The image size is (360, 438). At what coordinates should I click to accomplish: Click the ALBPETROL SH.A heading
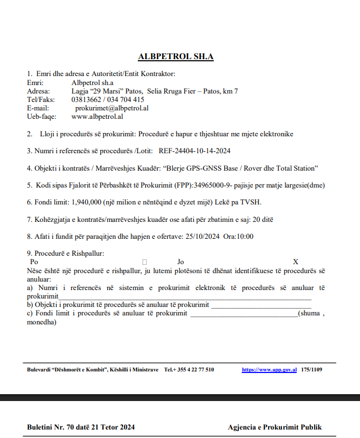tap(176, 57)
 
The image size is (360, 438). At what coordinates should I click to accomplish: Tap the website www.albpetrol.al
tap(97, 116)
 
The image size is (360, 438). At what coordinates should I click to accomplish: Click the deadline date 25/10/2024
tap(203, 236)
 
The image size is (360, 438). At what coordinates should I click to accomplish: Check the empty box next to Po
tap(145, 262)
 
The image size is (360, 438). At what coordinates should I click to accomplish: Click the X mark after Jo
tap(296, 262)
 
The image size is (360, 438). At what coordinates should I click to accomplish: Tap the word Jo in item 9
tap(181, 262)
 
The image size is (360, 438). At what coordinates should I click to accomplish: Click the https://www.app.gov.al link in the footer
tap(269, 370)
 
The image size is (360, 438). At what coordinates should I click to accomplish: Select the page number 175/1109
tap(312, 370)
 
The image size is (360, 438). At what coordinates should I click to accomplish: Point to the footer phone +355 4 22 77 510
tap(189, 370)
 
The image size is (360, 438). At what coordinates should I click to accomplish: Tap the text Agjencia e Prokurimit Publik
tap(274, 427)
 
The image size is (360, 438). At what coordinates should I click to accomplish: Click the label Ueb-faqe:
tap(41, 116)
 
